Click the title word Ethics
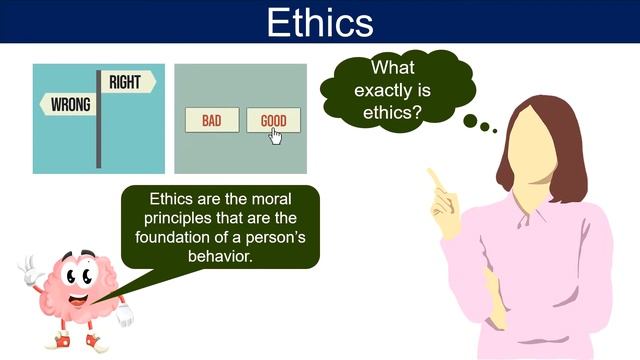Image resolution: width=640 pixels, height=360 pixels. (x=320, y=21)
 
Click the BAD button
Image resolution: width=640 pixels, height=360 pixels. (x=211, y=121)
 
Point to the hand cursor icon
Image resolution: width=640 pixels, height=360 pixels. (x=275, y=134)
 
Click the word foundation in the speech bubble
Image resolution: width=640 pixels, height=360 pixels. (x=182, y=237)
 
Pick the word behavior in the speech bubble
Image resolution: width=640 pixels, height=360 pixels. (x=220, y=257)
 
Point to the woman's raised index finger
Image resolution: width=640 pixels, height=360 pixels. (x=434, y=177)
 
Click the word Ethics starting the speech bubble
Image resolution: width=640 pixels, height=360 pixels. (x=171, y=198)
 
